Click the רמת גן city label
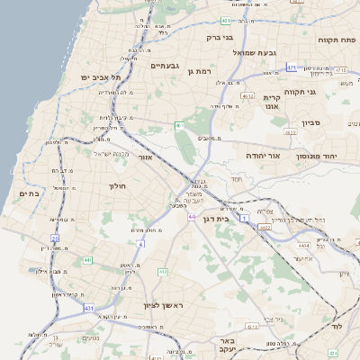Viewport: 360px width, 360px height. tap(196, 71)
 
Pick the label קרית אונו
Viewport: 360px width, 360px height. tap(272, 101)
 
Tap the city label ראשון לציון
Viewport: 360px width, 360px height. tap(163, 306)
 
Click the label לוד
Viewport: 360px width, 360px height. tap(337, 327)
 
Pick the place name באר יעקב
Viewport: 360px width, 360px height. tap(228, 346)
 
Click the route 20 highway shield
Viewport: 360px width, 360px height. tap(54, 238)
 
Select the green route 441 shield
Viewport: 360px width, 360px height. tap(88, 260)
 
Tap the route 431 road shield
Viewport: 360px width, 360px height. tap(89, 308)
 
